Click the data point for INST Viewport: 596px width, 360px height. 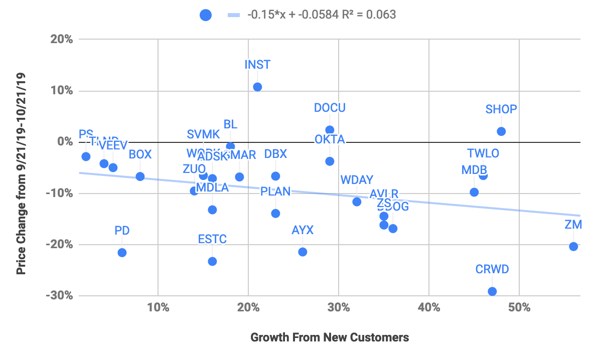point(257,87)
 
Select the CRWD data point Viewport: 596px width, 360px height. point(492,291)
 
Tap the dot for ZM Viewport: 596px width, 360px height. point(573,246)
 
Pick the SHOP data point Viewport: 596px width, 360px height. point(501,131)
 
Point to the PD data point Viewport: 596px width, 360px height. point(122,252)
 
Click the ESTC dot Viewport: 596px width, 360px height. point(212,261)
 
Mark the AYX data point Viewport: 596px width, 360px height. point(303,252)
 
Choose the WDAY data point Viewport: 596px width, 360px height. point(357,202)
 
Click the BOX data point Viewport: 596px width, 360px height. point(140,176)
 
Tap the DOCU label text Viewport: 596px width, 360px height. point(330,108)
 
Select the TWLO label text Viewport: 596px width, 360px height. point(483,153)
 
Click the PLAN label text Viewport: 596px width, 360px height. point(275,191)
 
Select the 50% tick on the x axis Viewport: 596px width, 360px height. point(519,307)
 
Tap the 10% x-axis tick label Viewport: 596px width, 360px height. point(158,307)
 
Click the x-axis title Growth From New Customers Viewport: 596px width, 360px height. point(330,337)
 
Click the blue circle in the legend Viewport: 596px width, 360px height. point(206,15)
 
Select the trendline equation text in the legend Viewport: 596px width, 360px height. point(321,15)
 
